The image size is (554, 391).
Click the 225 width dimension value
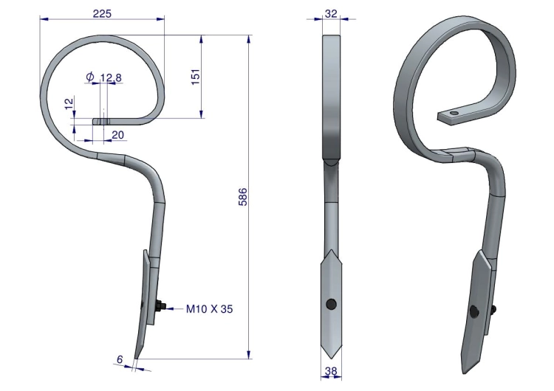(102, 14)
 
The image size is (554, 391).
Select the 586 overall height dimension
(244, 197)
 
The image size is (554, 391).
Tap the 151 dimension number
(196, 77)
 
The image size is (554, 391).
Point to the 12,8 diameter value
(111, 77)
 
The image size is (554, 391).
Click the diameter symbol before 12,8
(90, 76)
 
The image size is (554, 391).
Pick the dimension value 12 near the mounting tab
(69, 103)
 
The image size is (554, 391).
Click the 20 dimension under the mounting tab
(118, 135)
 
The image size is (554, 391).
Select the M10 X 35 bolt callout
(210, 309)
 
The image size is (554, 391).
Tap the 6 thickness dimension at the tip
(120, 359)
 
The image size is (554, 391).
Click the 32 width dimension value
(331, 14)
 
